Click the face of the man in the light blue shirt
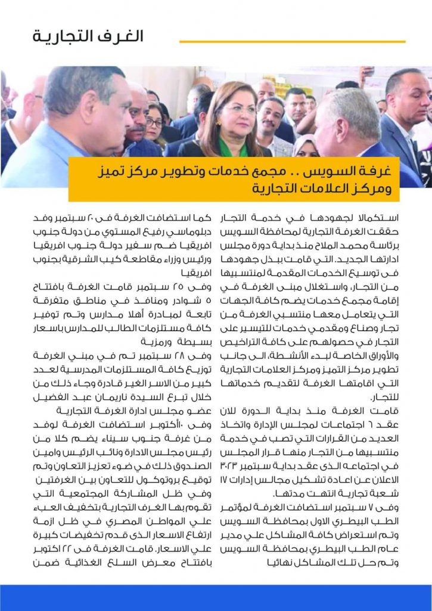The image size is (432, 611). click(x=101, y=113)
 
